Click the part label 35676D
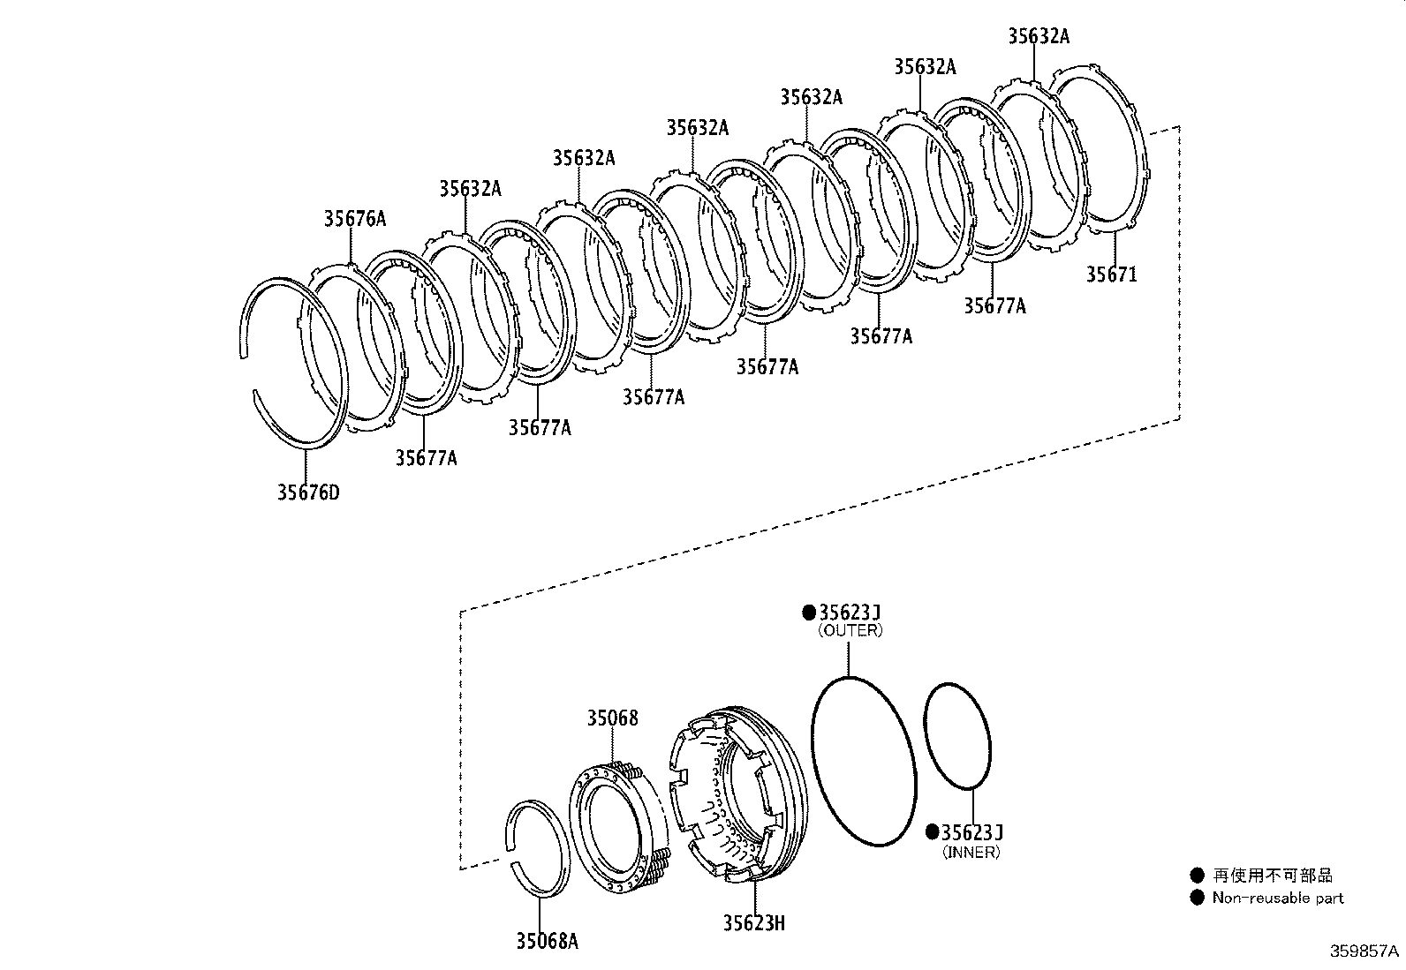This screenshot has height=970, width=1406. (307, 493)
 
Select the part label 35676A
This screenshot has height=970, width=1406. (354, 219)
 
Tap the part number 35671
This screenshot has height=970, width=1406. (1111, 274)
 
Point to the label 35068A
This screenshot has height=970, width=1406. (547, 942)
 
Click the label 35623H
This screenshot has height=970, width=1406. (753, 923)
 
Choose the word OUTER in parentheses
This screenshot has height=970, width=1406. (850, 630)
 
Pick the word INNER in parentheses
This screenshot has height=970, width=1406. (971, 852)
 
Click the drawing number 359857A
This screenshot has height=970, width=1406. (1364, 951)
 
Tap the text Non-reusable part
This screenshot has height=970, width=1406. (1277, 899)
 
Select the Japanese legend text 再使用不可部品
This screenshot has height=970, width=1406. (1272, 876)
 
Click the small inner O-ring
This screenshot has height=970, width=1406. (957, 734)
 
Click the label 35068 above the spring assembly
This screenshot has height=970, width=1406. (612, 718)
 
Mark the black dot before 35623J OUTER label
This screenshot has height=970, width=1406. (807, 613)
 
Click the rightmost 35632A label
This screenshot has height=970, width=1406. (1038, 36)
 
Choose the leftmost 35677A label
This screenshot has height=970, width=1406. (426, 458)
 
